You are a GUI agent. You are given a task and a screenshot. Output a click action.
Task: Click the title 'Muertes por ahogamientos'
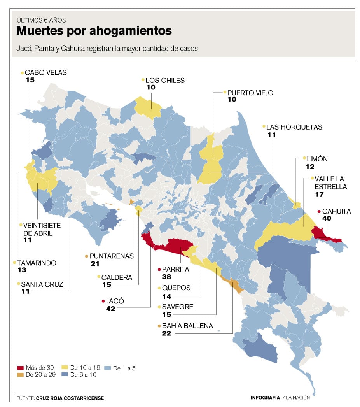click(94, 31)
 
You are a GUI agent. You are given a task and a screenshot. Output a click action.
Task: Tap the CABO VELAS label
click(45, 72)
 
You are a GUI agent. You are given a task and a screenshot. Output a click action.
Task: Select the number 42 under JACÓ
click(111, 309)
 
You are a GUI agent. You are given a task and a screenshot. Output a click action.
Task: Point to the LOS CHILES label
click(165, 81)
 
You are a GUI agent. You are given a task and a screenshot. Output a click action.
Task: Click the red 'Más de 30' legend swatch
click(21, 368)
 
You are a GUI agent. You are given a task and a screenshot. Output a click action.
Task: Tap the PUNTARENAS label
click(112, 256)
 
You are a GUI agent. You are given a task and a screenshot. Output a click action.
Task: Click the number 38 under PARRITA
click(167, 277)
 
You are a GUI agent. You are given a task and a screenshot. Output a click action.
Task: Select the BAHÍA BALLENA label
click(187, 326)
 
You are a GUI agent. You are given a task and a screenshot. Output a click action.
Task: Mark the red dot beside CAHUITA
click(319, 211)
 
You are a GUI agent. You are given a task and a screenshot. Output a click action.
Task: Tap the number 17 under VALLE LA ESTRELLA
click(320, 195)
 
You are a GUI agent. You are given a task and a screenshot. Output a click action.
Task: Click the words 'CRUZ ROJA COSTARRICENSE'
click(70, 398)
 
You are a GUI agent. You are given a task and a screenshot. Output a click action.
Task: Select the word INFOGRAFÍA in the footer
click(265, 398)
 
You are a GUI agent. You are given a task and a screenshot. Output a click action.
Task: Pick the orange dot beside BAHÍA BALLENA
click(159, 326)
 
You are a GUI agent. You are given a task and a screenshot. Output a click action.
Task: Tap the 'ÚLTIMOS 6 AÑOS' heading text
click(41, 20)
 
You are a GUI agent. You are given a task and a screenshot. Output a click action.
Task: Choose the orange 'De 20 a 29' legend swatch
click(21, 375)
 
